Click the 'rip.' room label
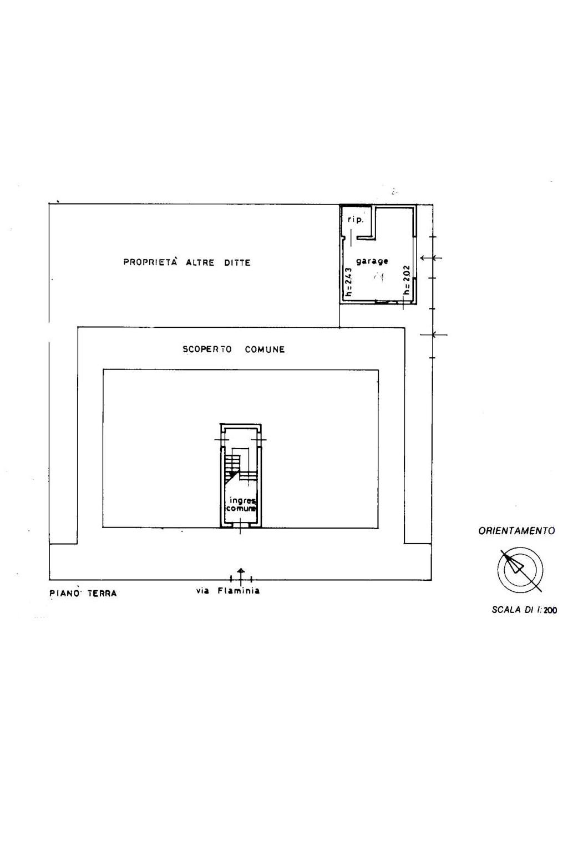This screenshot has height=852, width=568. click(356, 220)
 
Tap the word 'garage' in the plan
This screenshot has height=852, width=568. click(372, 261)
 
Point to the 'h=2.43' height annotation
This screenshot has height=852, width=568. click(348, 282)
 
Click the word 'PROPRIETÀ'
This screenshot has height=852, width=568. click(150, 262)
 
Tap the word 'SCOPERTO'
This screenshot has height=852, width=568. click(207, 349)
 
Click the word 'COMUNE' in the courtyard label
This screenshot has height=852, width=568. click(265, 349)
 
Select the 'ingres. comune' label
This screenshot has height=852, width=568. click(241, 504)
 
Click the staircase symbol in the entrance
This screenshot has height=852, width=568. click(240, 468)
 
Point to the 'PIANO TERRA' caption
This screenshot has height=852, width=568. click(83, 594)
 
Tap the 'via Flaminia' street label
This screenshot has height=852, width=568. click(228, 591)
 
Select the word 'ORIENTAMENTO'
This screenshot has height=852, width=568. click(516, 531)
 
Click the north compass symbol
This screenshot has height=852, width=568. click(520, 570)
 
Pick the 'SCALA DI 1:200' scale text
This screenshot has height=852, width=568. click(524, 610)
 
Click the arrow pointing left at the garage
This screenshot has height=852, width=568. click(431, 258)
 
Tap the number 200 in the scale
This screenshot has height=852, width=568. click(550, 610)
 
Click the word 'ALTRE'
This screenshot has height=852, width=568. click(200, 262)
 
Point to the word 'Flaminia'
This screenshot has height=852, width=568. click(239, 591)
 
